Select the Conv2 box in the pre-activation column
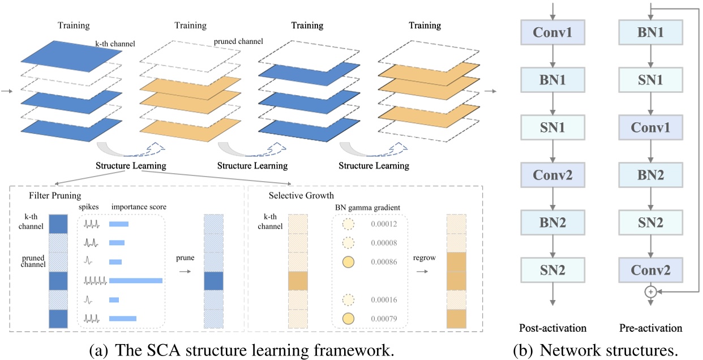pos(650,271)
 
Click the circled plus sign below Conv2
pos(650,292)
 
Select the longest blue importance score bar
pos(136,281)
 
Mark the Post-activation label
pos(552,328)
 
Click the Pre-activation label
pos(650,328)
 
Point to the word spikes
pos(89,207)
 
